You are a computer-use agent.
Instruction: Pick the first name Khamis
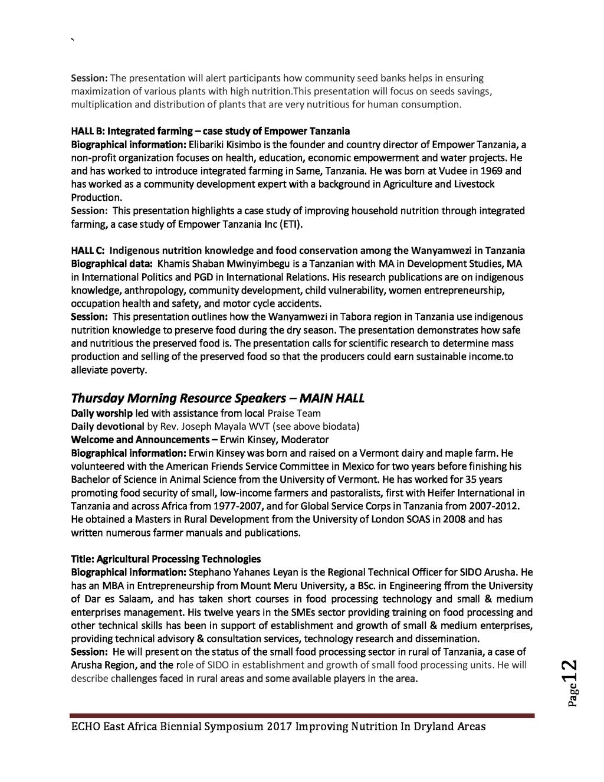click(x=174, y=263)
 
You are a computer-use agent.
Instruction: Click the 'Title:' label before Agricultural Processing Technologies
click(x=83, y=559)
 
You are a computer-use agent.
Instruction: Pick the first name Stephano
click(x=209, y=572)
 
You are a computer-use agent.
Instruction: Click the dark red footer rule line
click(x=302, y=715)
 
